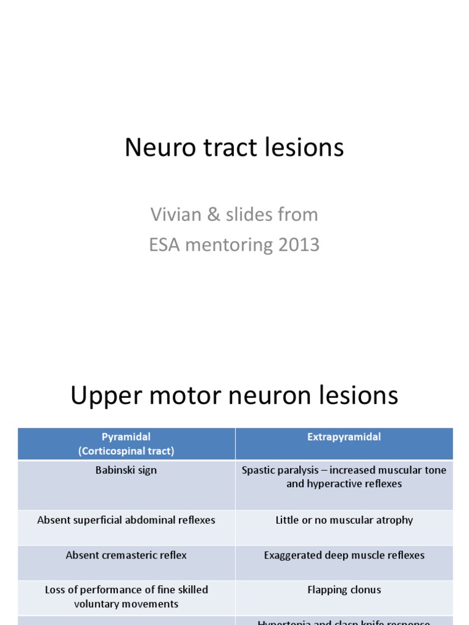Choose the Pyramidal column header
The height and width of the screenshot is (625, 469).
[126, 437]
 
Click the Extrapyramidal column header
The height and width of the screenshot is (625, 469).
[344, 437]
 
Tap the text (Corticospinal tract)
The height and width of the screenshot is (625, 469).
[126, 451]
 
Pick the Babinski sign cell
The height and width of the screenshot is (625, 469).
[126, 470]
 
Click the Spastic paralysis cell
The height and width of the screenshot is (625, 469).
[344, 477]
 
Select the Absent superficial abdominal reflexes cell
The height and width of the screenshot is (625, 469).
[126, 520]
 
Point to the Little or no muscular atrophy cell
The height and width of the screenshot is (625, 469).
[344, 520]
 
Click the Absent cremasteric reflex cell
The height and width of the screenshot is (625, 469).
[126, 555]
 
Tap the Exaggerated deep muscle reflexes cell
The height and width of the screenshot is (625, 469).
[344, 555]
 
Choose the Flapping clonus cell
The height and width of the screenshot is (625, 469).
[344, 590]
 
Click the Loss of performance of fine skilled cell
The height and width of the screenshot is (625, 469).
[126, 596]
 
